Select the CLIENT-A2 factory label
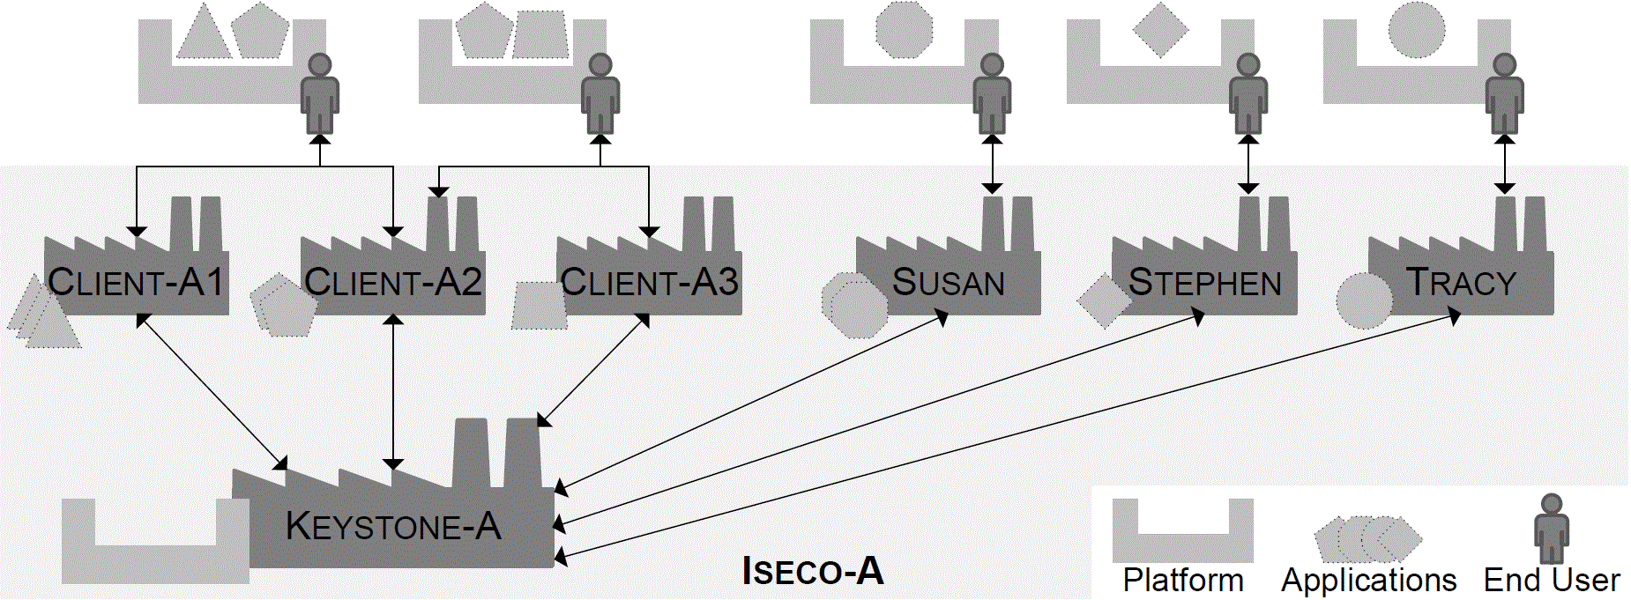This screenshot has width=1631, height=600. pos(393,283)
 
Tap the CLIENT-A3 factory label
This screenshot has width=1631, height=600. pos(650,283)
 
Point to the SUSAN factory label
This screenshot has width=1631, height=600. pos(949,283)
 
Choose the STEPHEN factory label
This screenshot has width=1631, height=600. pos(1205,283)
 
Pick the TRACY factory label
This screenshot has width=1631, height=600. pos(1461,283)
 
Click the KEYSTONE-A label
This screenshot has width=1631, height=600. pos(393,527)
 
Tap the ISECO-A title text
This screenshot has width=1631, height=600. pos(813,571)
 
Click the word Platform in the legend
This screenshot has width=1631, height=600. pos(1183,581)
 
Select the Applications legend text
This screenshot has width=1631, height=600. pos(1368,581)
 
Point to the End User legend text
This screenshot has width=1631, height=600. pos(1552,581)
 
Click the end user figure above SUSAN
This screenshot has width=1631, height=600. pos(992,93)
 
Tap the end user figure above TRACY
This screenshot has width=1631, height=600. pos(1504,93)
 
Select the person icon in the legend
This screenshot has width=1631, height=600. pos(1551,529)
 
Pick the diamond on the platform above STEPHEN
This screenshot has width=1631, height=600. pos(1160,30)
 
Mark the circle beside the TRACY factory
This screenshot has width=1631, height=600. pos(1364,300)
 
